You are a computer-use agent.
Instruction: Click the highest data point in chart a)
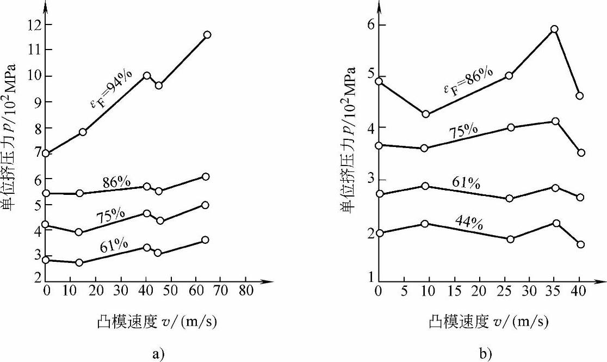207,34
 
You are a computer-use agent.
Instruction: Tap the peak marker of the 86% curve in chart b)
554,29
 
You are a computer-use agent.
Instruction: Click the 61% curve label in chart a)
114,246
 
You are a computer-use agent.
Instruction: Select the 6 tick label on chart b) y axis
366,24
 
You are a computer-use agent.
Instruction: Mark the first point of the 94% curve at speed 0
46,154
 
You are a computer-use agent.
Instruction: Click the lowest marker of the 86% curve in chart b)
425,114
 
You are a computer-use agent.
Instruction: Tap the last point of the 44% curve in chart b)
580,244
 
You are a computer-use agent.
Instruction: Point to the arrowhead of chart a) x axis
269,281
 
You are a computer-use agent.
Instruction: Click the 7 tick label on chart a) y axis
38,154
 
